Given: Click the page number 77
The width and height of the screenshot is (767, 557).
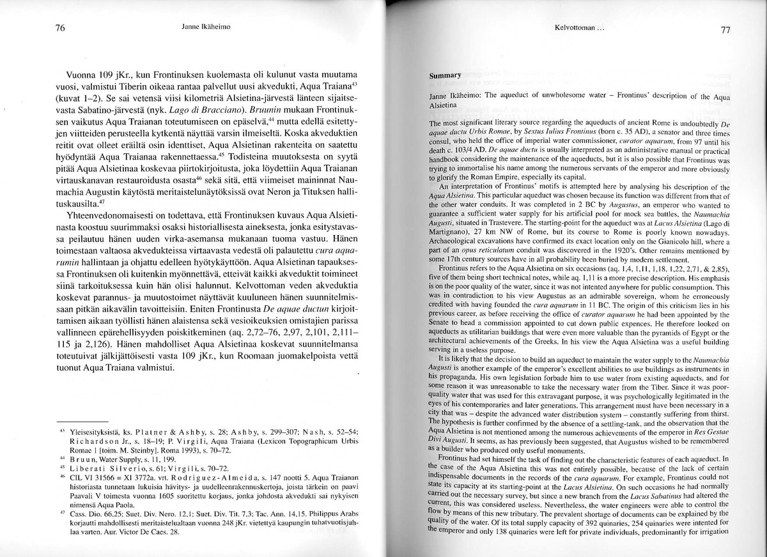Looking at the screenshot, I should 725,30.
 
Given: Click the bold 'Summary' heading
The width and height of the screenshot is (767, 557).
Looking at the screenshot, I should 445,75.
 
